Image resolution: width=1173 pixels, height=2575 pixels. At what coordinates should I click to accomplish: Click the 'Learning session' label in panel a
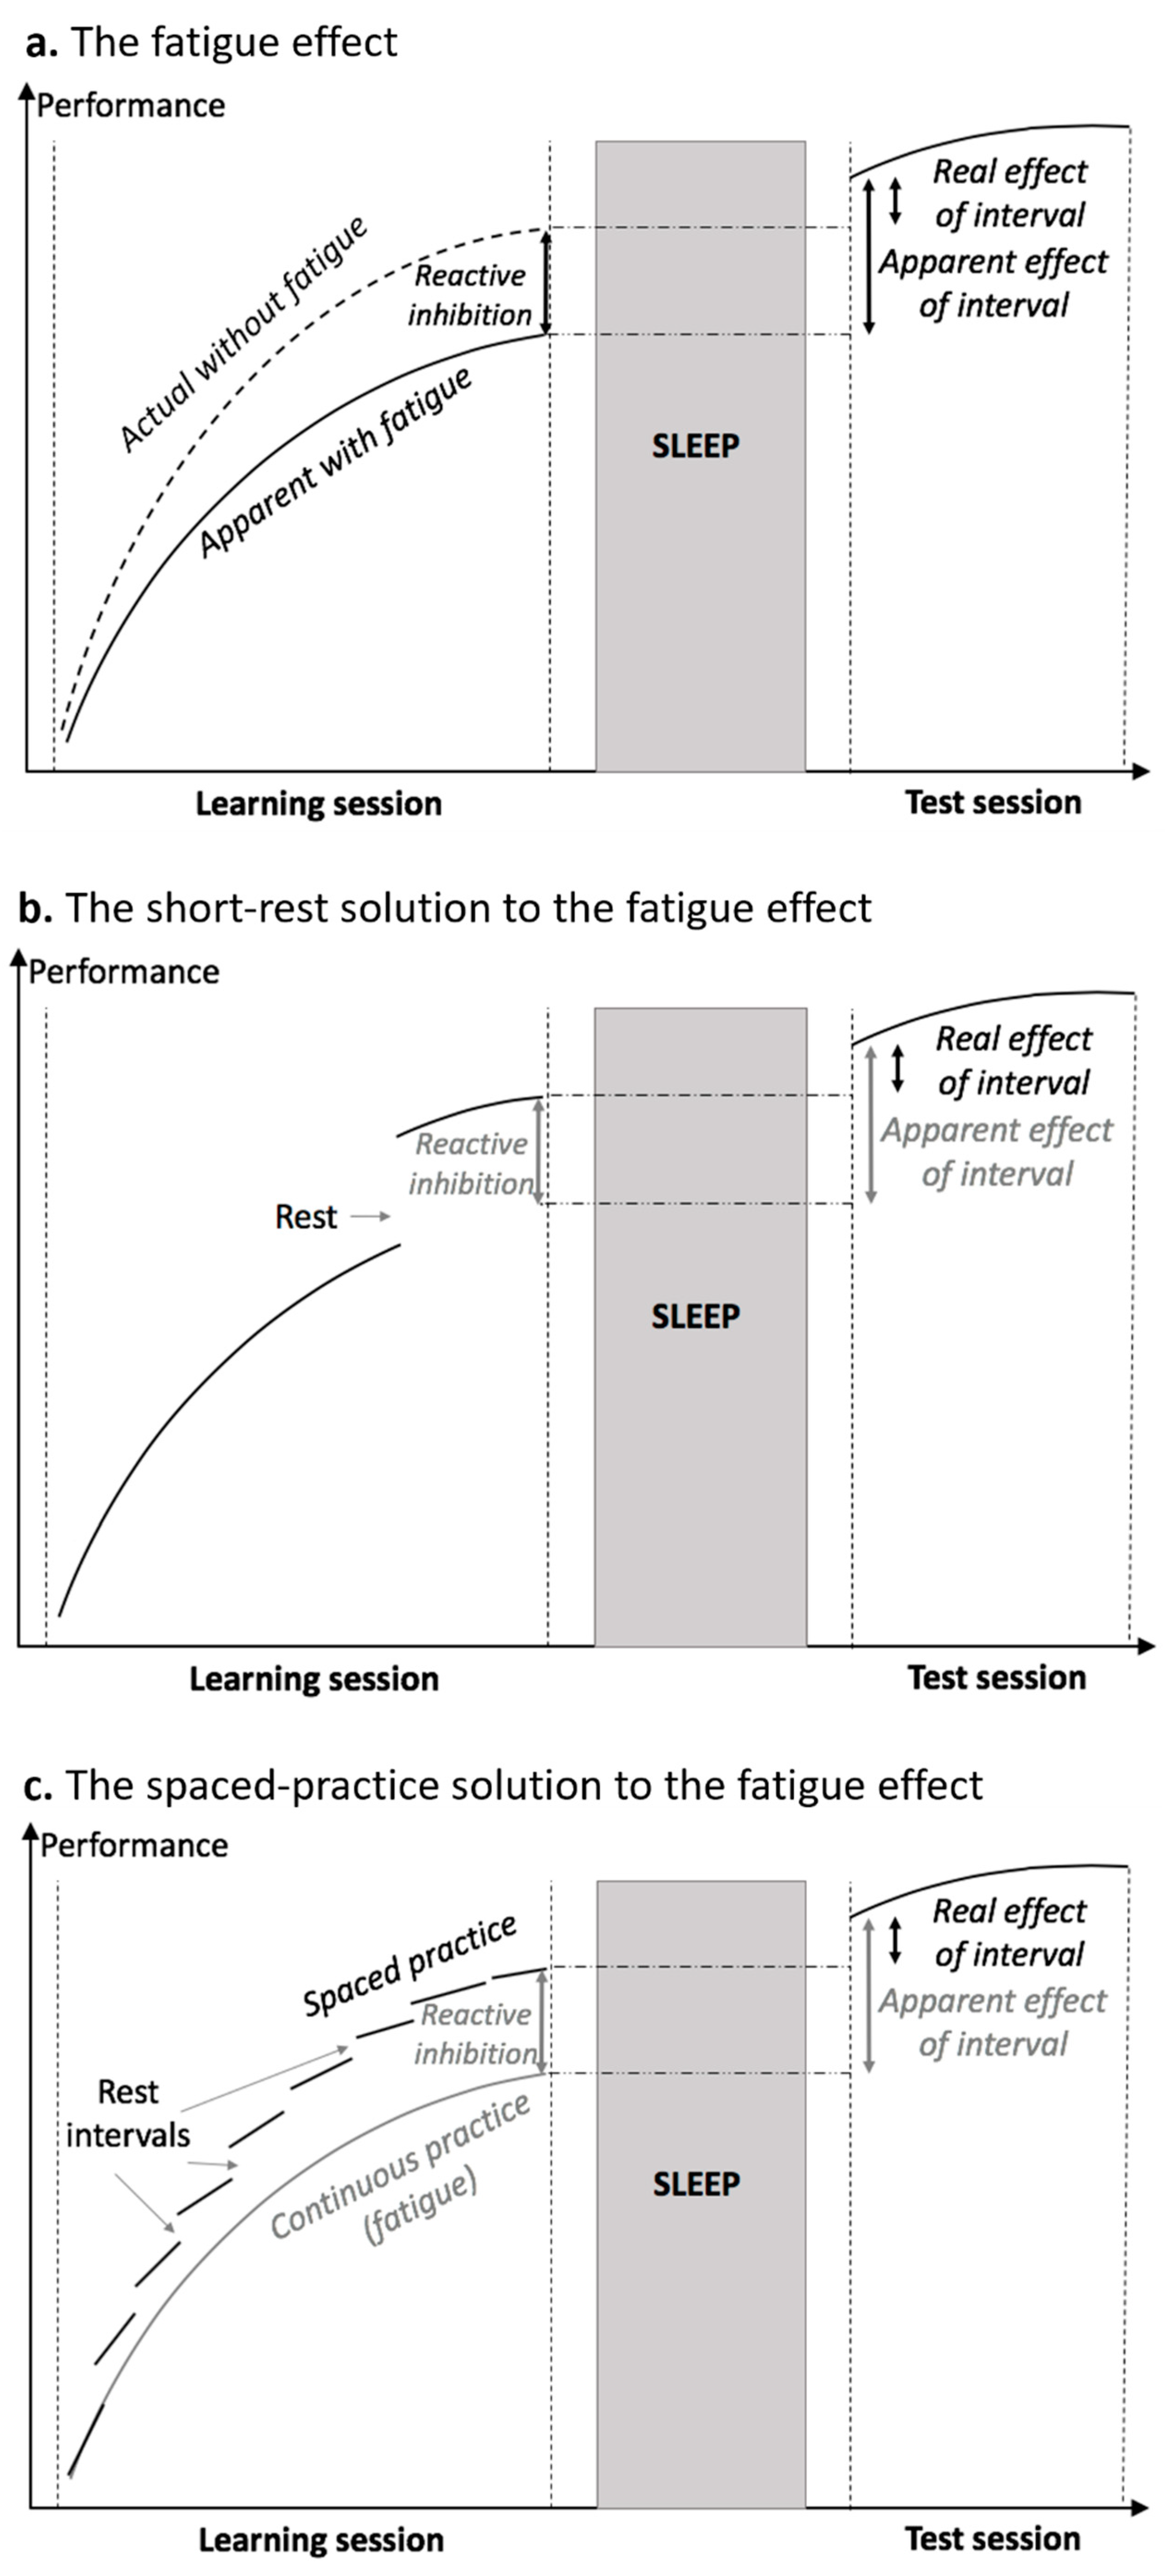(x=318, y=804)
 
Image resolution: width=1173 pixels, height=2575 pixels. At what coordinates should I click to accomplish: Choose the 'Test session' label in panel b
(x=996, y=1677)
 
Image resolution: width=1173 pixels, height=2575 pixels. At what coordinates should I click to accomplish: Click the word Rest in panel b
(x=306, y=1216)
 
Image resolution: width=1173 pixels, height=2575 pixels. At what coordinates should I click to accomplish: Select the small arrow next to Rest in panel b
(x=370, y=1216)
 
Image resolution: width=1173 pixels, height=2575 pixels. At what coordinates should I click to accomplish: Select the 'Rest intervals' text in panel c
(x=128, y=2114)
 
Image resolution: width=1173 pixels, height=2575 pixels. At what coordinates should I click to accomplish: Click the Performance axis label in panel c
(x=134, y=1844)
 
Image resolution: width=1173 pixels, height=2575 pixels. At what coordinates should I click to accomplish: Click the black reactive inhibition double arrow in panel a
(x=546, y=282)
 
